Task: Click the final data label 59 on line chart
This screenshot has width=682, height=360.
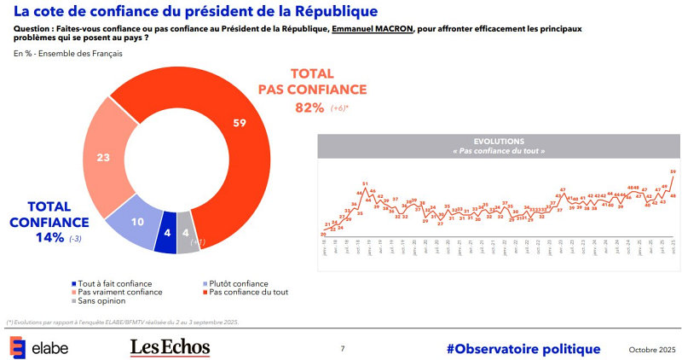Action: [673, 171]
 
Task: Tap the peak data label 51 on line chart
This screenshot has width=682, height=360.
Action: [365, 183]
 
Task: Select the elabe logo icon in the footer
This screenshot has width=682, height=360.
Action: [17, 347]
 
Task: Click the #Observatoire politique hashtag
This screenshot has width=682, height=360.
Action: [523, 348]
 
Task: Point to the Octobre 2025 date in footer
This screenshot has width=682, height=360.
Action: [650, 349]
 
